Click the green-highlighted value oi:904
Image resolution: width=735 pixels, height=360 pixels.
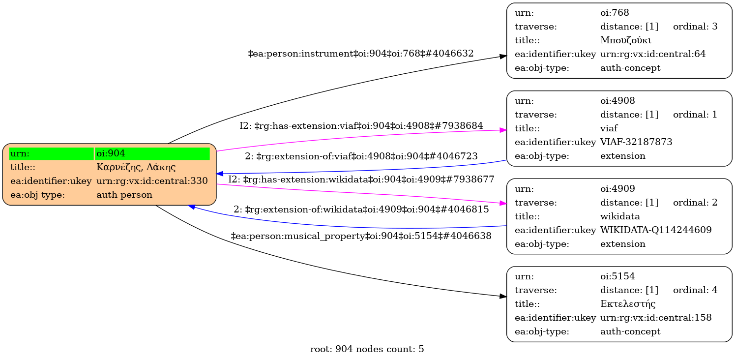point(111,153)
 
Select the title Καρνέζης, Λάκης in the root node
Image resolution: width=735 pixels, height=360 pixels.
point(136,167)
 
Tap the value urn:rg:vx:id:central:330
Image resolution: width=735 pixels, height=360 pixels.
point(152,181)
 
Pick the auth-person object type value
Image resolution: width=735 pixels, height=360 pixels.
point(124,195)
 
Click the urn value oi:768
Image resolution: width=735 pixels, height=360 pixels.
point(615,12)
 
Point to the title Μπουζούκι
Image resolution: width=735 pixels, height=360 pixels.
point(626,40)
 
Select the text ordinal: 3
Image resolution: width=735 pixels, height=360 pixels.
point(695,26)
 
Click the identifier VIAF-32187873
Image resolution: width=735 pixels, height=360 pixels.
point(636,142)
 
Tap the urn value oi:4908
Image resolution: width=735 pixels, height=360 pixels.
point(617,100)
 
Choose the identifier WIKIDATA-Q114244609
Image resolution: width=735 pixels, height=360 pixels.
point(656,230)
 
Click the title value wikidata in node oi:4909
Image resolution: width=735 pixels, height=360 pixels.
point(620,216)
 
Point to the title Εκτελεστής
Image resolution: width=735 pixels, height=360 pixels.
point(628,304)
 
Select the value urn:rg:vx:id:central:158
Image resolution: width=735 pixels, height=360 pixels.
point(656,318)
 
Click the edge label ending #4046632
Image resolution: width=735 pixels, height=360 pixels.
point(360,53)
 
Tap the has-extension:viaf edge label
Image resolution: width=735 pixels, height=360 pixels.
point(361,126)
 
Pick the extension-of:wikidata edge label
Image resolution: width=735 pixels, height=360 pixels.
point(361,209)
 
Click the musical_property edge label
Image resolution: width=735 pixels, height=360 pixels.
point(361,236)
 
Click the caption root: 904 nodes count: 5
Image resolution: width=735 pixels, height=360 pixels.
point(367,349)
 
